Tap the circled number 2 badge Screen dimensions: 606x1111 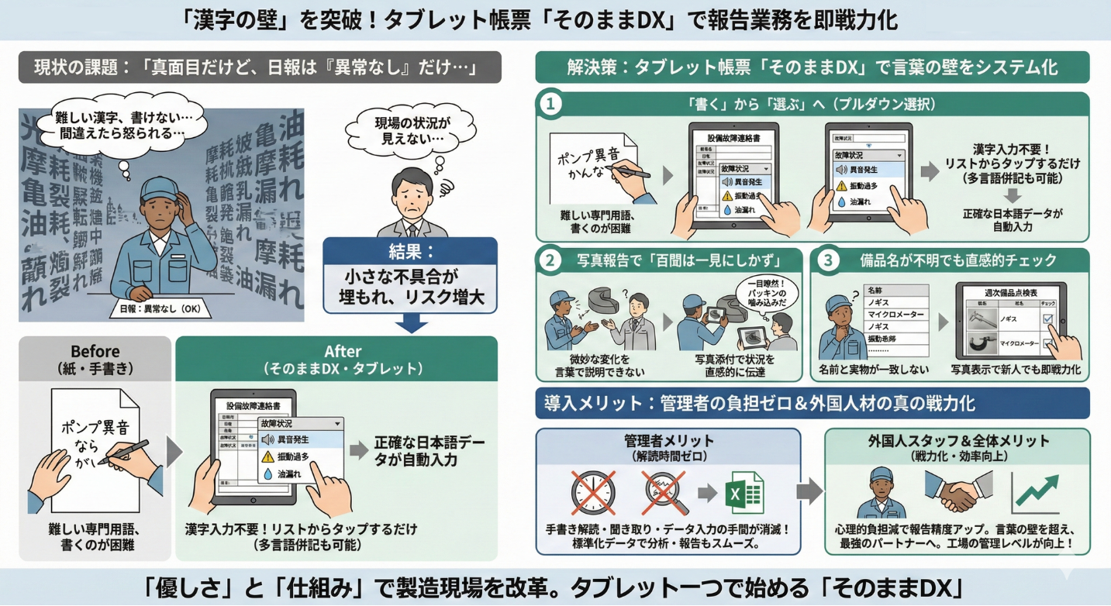click(x=550, y=260)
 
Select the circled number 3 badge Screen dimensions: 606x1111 click(x=828, y=260)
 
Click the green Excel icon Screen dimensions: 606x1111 click(x=743, y=494)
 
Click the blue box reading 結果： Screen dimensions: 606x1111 click(x=410, y=253)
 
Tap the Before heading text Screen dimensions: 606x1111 click(x=95, y=351)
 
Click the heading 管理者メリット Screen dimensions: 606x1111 click(x=669, y=441)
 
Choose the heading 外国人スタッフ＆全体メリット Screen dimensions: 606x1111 click(x=957, y=441)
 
